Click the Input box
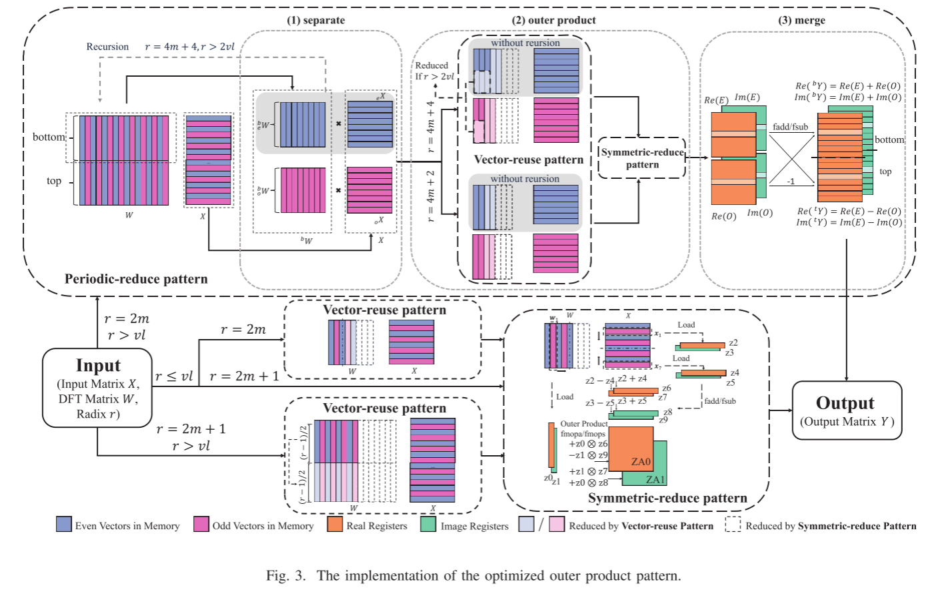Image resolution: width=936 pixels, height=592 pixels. [x=97, y=388]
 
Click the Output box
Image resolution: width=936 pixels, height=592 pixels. [x=846, y=410]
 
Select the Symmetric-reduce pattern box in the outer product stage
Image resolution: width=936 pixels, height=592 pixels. [x=641, y=158]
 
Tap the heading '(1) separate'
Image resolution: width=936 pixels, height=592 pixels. [x=315, y=20]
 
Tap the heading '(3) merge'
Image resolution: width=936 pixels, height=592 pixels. [x=801, y=20]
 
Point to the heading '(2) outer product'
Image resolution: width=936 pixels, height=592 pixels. [x=553, y=20]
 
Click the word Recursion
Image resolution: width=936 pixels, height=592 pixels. [x=107, y=47]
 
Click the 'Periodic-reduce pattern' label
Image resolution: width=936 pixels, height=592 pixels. [x=136, y=279]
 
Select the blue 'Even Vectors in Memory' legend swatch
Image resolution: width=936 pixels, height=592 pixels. [x=64, y=525]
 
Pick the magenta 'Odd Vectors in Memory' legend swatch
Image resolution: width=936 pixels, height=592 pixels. [x=201, y=525]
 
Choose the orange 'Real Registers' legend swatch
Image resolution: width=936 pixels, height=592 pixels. [x=335, y=525]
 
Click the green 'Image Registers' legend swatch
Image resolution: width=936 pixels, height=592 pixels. [x=428, y=525]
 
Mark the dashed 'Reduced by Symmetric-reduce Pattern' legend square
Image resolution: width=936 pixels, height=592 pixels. [x=733, y=525]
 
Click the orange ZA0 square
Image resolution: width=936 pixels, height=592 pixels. [x=630, y=449]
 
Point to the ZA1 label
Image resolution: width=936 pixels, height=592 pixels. [x=655, y=479]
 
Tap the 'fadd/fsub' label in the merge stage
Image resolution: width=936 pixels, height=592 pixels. [x=790, y=127]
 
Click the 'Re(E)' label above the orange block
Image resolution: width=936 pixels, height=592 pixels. [x=716, y=100]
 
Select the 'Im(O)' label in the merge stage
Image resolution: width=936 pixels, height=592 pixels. [x=759, y=213]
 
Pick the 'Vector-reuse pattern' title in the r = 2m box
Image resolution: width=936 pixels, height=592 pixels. [x=385, y=310]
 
